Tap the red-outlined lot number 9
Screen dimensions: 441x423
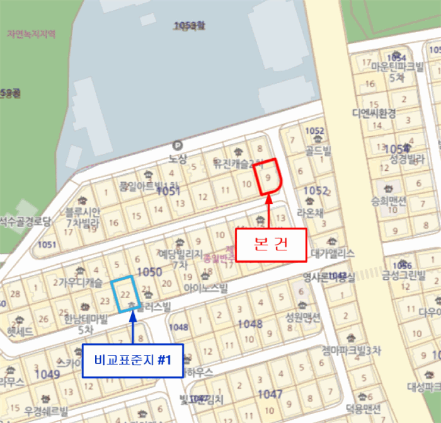[269, 178]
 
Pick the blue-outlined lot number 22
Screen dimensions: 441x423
[125, 294]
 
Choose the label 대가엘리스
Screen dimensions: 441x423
[333, 253]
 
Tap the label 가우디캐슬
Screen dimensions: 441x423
[81, 282]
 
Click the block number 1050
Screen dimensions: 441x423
[149, 272]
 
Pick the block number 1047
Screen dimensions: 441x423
[270, 394]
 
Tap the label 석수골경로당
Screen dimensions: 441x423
[24, 221]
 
